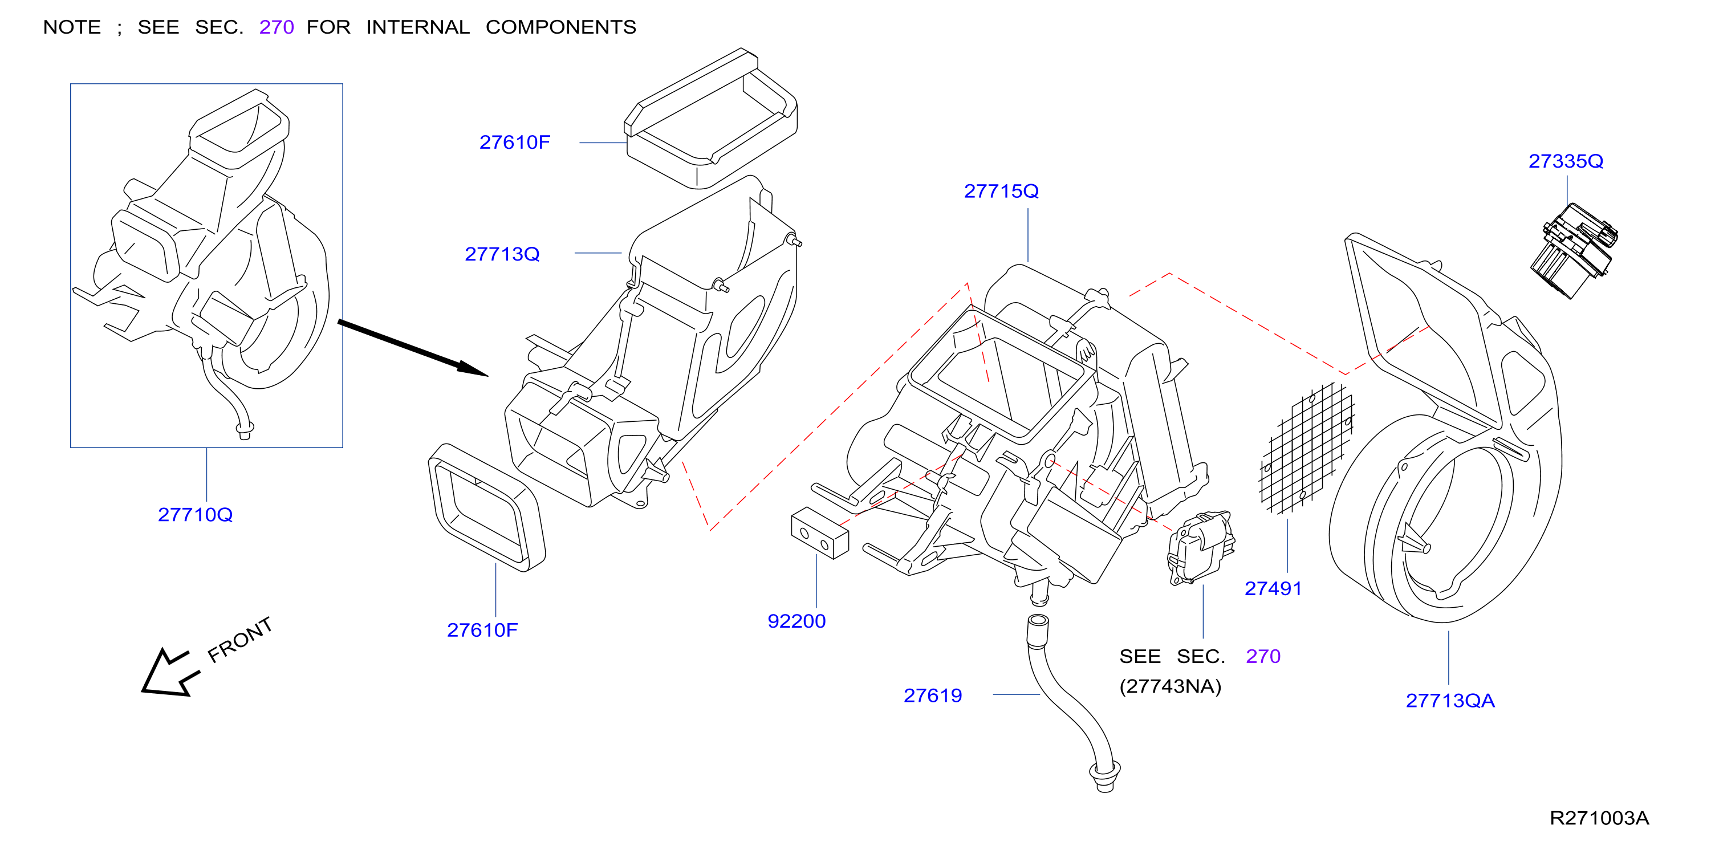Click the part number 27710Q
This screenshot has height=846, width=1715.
tap(195, 515)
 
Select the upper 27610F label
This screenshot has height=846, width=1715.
tap(515, 143)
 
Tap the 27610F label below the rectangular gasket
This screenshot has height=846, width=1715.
tap(482, 631)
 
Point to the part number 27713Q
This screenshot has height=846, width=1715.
tap(502, 254)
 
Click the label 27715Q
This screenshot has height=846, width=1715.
tap(1001, 192)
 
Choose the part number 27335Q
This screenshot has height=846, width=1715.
tap(1566, 162)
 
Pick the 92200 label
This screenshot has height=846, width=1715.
tap(796, 621)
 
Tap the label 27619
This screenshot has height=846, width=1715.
tap(933, 695)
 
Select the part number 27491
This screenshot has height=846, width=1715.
tap(1273, 588)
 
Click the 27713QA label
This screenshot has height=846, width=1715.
tap(1450, 701)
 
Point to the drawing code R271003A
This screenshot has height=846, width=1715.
tap(1599, 818)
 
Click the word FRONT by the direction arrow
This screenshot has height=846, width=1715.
tap(239, 640)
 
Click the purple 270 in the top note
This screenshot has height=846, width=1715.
tap(277, 27)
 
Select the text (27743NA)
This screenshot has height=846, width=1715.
tap(1171, 686)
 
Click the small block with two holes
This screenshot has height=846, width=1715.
tap(819, 532)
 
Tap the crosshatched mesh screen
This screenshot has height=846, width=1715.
tap(1307, 448)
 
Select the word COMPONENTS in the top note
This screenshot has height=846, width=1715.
tap(560, 27)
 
